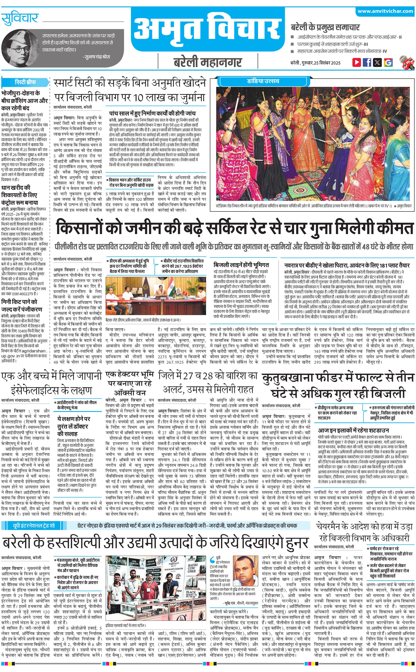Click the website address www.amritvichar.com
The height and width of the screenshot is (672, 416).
click(x=385, y=11)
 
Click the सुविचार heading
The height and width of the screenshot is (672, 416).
click(x=20, y=18)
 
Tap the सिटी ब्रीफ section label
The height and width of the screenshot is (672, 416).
click(x=25, y=82)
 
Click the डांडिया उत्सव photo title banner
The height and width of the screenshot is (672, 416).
click(x=263, y=81)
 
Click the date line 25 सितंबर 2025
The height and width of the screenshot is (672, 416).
click(x=315, y=63)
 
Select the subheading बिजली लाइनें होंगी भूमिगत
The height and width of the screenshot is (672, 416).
click(x=241, y=265)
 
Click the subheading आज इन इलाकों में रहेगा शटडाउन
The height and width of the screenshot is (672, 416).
click(x=353, y=430)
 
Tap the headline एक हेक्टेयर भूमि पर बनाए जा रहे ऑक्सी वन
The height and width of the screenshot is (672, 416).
click(x=130, y=383)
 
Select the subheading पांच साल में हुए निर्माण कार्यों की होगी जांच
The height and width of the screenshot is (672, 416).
click(x=152, y=113)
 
